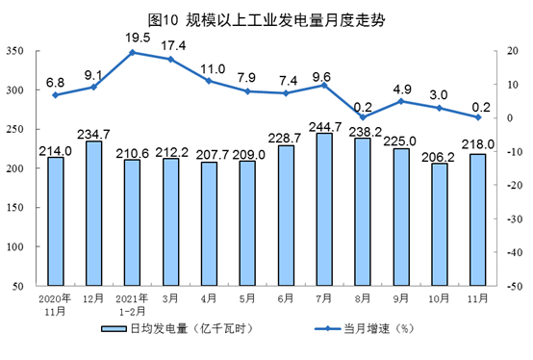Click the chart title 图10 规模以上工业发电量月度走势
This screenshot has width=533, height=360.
coord(266,20)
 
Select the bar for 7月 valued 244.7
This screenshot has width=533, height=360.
coord(324,210)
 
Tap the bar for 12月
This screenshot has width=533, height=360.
coord(94,213)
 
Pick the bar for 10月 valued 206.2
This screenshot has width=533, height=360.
coord(440,224)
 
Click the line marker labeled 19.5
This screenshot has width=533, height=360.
coord(133,52)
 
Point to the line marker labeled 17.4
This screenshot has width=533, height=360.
coord(171,60)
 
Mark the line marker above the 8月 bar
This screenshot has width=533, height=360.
coord(363,117)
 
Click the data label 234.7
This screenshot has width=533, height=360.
coord(93,134)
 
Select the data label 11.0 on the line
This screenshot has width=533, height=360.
coord(213,69)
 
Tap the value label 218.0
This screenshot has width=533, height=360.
coord(477,144)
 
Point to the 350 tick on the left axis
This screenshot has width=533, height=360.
coord(14,51)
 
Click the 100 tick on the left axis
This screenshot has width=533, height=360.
coord(14,246)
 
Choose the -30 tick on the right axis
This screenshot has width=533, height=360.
coord(515,219)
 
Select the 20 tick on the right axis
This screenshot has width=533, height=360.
coord(513,51)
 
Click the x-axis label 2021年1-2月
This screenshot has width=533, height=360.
coord(132,305)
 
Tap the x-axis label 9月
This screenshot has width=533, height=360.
coord(401,298)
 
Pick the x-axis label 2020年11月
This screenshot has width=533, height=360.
coord(55,305)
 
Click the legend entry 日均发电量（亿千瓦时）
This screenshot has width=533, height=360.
coord(177,329)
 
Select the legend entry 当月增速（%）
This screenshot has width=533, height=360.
coord(365,329)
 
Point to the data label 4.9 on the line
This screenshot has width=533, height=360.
coord(402,90)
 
